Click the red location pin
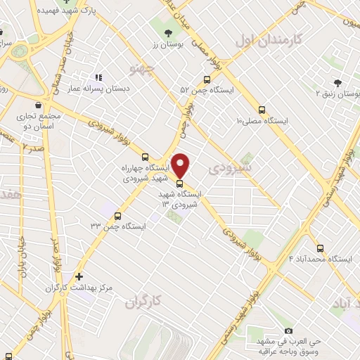[181, 165]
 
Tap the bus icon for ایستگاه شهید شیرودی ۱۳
[179, 185]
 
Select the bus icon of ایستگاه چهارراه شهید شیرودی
[146, 157]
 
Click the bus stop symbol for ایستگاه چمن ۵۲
[206, 79]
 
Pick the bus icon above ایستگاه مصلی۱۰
[262, 110]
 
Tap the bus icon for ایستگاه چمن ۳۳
[117, 216]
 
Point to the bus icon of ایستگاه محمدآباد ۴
[321, 248]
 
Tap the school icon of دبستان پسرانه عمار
[98, 77]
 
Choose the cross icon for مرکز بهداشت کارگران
[79, 277]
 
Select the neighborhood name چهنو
[141, 67]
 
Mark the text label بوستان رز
[167, 45]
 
